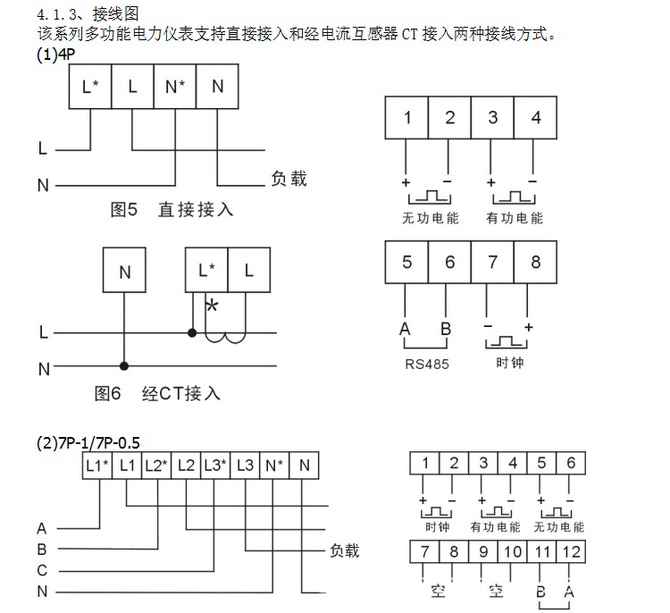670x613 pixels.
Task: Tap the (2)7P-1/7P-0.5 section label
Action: [x=88, y=442]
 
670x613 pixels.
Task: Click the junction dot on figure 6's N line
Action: [x=125, y=365]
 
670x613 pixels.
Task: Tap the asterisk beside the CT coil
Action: [x=212, y=306]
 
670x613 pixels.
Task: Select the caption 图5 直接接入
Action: [x=172, y=209]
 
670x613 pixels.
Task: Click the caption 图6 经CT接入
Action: [x=157, y=393]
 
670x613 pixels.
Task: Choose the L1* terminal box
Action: [x=96, y=465]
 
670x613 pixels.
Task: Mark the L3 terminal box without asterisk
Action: [x=246, y=465]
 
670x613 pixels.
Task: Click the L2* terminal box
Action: [x=155, y=465]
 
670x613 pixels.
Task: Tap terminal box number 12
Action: [x=570, y=551]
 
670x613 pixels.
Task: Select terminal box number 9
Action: [x=483, y=551]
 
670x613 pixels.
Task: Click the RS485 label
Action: [x=427, y=364]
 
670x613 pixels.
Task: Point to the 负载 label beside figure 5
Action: [x=289, y=179]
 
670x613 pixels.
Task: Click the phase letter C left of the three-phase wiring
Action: [x=42, y=570]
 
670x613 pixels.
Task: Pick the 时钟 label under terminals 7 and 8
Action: [x=509, y=364]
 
